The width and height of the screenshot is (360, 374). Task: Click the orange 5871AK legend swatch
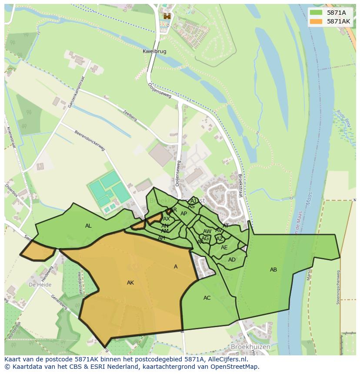(316, 21)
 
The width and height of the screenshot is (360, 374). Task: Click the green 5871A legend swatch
(316, 13)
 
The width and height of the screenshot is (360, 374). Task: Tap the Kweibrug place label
(154, 51)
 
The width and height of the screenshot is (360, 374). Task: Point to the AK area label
(130, 283)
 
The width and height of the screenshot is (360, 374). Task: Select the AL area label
(88, 226)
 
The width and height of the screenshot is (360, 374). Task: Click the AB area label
(273, 270)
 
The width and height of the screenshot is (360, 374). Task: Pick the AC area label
(207, 298)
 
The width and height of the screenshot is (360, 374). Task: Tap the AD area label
(232, 260)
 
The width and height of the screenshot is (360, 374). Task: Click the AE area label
(224, 248)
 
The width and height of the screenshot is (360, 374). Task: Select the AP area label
(183, 214)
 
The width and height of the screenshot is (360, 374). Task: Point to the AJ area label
(193, 201)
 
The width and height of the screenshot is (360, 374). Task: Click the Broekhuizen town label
(251, 347)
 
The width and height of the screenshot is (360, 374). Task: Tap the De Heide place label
(40, 285)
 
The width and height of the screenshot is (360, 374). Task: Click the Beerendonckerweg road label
(90, 141)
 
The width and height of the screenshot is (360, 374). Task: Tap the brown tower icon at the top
(167, 16)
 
